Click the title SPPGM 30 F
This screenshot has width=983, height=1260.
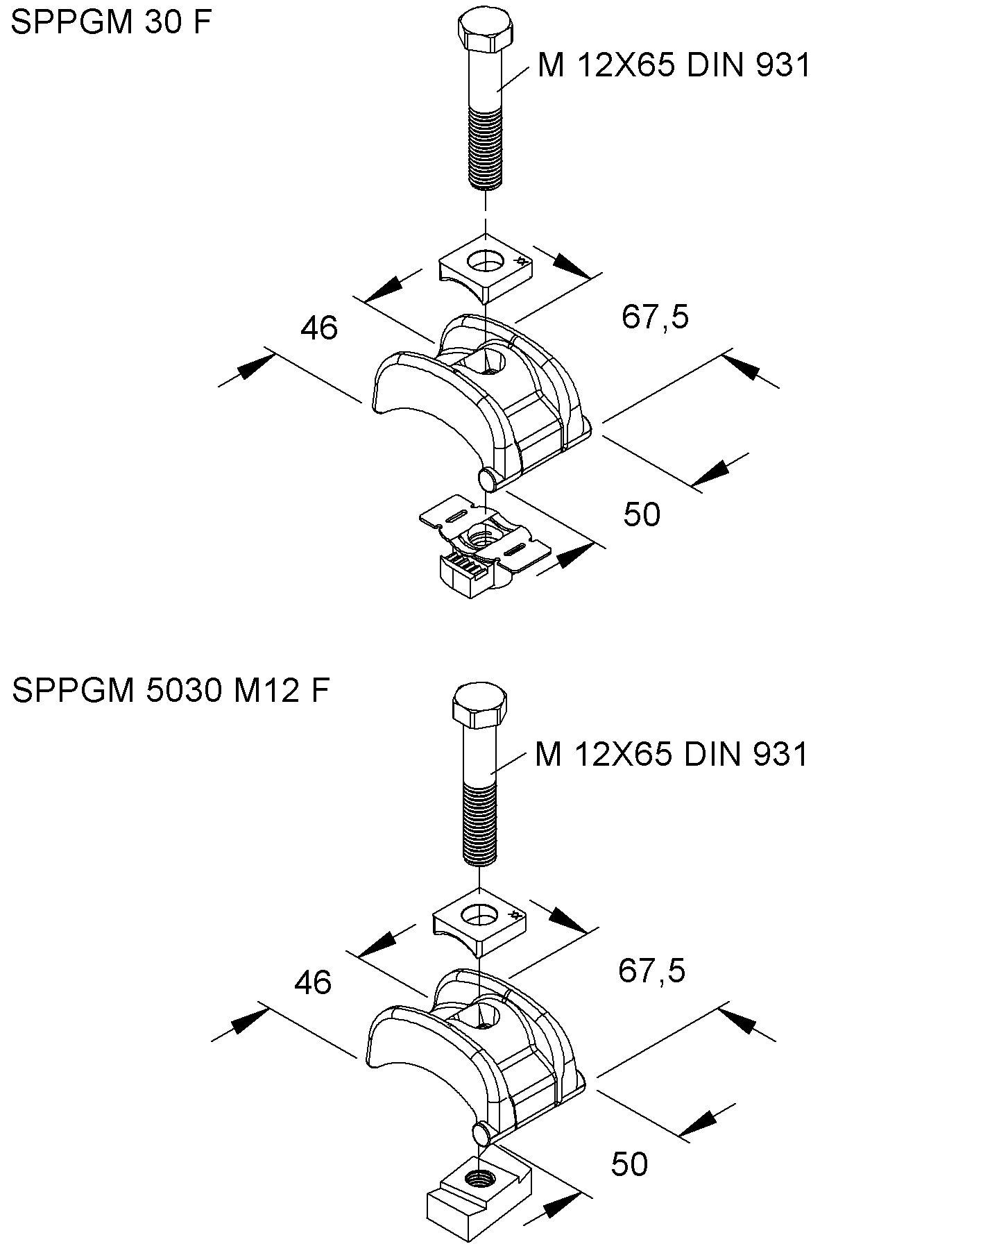111,22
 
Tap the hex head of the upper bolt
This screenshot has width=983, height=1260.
486,34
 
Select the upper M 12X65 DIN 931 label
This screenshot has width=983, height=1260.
674,66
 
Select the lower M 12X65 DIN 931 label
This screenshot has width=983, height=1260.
671,754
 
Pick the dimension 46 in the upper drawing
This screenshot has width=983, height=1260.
319,328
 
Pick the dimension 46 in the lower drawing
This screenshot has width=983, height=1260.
313,982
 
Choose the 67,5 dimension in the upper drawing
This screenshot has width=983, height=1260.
655,317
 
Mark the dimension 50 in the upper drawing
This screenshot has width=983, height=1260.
642,514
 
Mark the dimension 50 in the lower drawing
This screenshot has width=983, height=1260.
629,1164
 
